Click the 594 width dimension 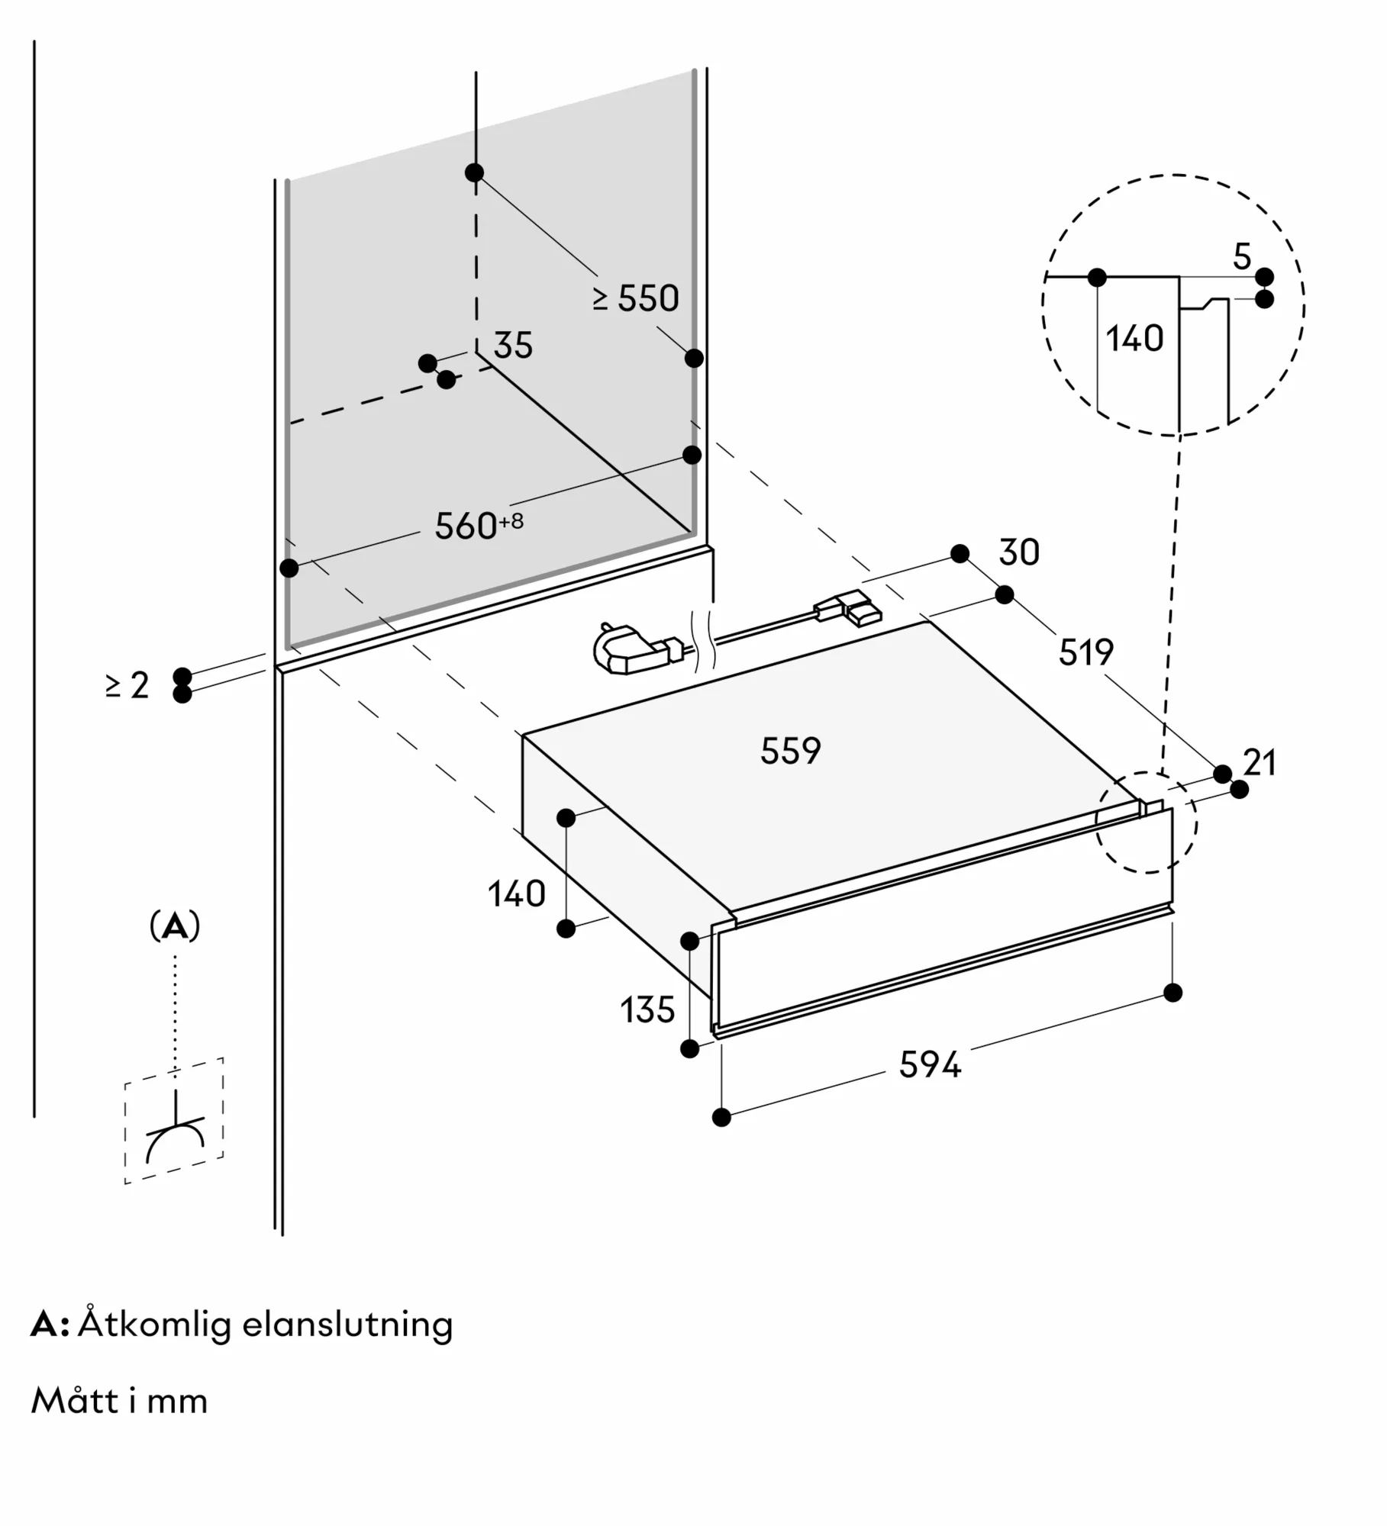(929, 1065)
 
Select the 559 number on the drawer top (790, 751)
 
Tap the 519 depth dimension (1085, 652)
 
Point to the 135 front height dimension (647, 1010)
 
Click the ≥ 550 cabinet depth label (636, 298)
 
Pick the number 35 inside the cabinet (512, 346)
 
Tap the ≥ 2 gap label (127, 685)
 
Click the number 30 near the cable (1018, 552)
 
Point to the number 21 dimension (1260, 762)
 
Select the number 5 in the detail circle (1242, 257)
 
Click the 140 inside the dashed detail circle (1134, 338)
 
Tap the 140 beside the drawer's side (517, 893)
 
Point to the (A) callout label (175, 926)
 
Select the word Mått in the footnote (75, 1402)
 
